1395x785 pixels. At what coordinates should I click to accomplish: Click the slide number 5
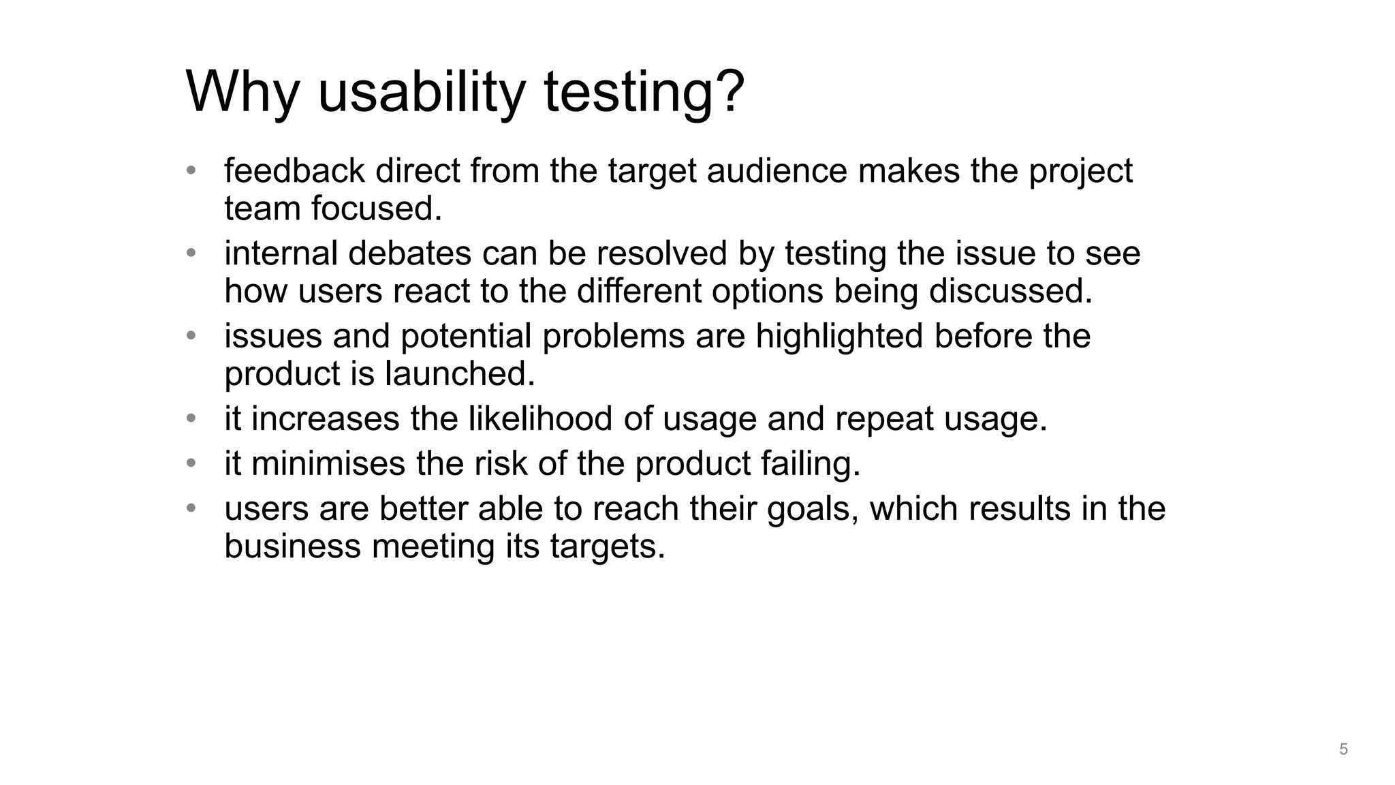pos(1343,750)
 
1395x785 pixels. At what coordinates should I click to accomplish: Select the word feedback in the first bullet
pos(294,170)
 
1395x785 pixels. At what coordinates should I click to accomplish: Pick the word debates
pos(409,253)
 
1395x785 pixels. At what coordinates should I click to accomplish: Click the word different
pos(639,291)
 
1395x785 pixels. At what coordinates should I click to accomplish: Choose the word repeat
pos(883,418)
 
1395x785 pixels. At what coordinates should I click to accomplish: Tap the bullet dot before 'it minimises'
pos(191,463)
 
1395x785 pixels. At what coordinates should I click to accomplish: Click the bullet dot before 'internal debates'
pos(191,253)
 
